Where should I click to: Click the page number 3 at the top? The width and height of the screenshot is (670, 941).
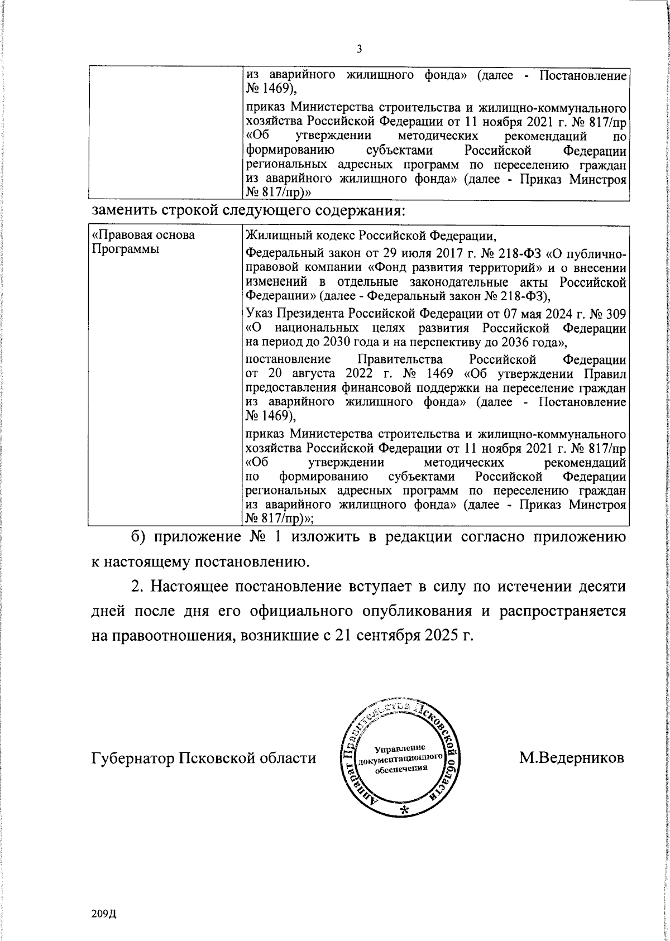[x=360, y=49]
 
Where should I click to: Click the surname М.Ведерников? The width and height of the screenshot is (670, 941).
[x=572, y=758]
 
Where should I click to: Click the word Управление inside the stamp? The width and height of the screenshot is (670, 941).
[x=400, y=747]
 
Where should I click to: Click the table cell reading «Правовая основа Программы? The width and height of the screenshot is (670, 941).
[x=143, y=242]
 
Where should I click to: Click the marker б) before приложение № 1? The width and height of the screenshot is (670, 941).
[x=138, y=537]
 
